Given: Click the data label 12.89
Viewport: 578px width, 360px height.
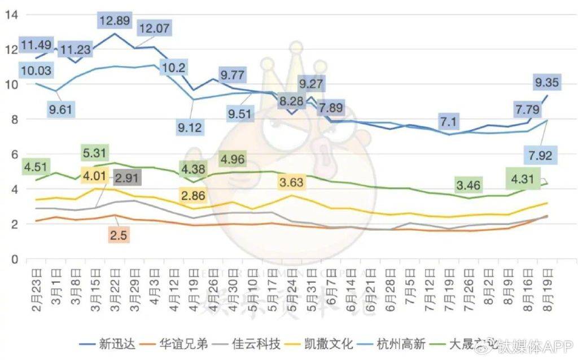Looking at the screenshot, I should pyautogui.click(x=115, y=21).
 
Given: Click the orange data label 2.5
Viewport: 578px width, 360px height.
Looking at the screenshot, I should pyautogui.click(x=119, y=235).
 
